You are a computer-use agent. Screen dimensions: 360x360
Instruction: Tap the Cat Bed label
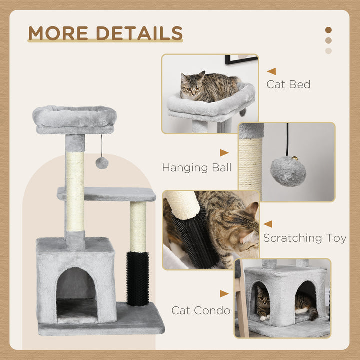coord(288,84)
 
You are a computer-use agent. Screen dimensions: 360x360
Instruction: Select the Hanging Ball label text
coord(196,168)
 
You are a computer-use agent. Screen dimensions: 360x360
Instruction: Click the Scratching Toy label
coord(305,238)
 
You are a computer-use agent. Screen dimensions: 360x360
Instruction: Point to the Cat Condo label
coord(201,310)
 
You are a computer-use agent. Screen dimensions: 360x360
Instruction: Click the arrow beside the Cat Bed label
coord(271,71)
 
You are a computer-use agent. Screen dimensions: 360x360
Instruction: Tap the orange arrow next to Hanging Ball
coord(224,153)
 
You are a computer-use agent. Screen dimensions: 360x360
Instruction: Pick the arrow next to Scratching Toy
coord(268,224)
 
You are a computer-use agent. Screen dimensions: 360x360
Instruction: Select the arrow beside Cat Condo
coord(224,294)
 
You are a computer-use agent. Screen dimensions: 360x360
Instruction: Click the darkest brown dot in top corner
coord(328,30)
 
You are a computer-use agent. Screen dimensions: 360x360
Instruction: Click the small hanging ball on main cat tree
coord(102,162)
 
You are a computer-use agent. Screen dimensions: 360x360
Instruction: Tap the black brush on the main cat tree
coord(137,279)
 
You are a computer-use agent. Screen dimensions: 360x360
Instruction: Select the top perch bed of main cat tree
coord(75,119)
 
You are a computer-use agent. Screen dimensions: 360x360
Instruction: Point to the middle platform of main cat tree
coord(107,194)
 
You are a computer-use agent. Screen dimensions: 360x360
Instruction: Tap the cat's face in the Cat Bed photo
coord(192,88)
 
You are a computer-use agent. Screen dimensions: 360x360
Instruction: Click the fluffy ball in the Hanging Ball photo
coord(288,171)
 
